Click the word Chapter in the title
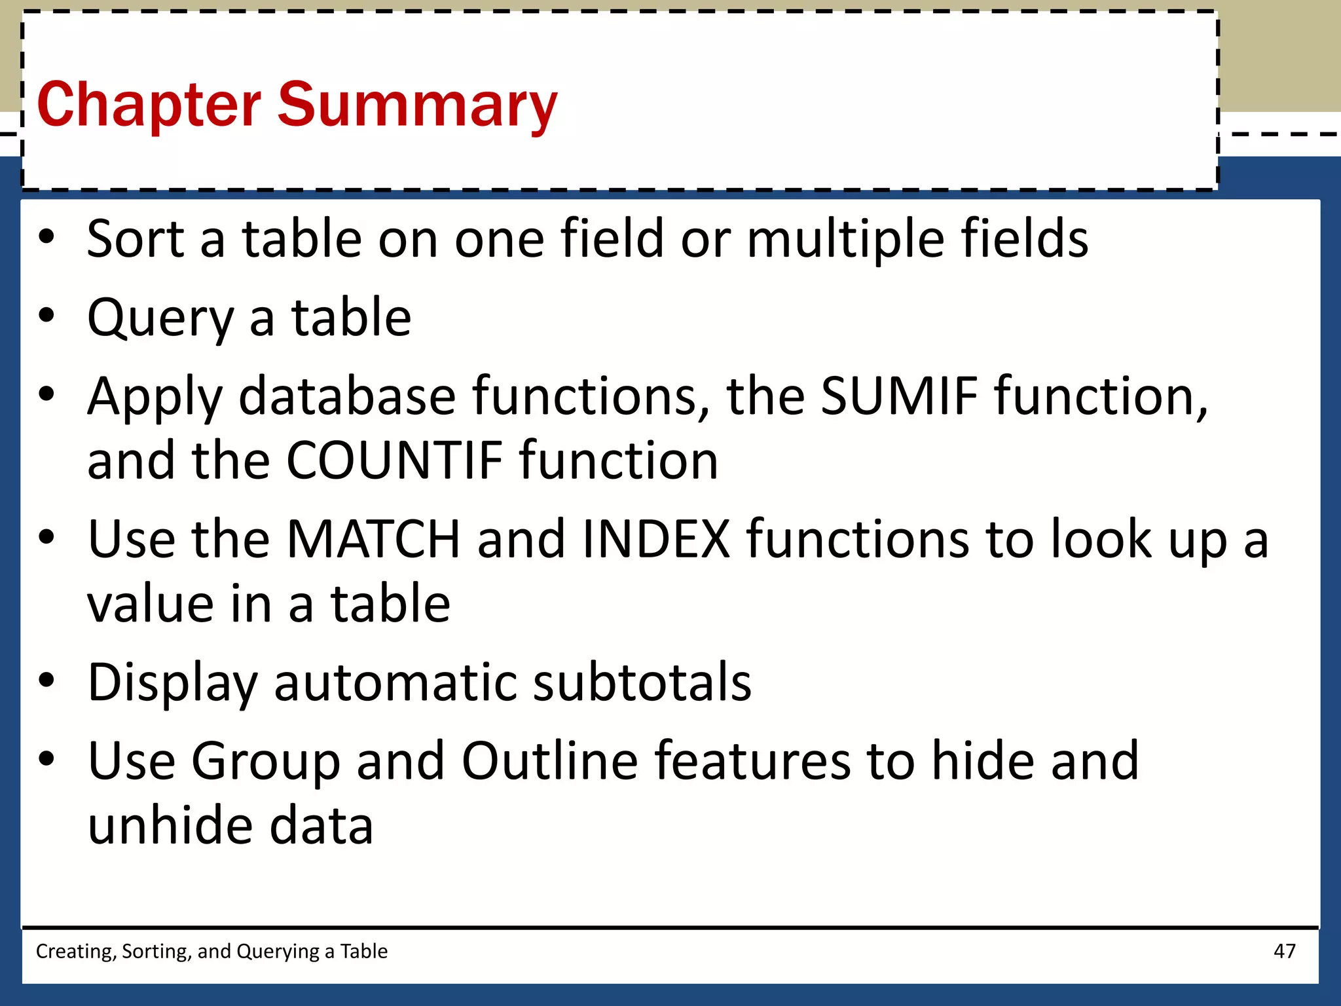[149, 105]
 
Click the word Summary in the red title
[417, 105]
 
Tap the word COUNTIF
[394, 460]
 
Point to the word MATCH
[373, 539]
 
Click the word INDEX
[655, 539]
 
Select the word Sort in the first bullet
[136, 239]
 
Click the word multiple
[845, 240]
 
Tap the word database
[347, 396]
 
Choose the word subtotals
[642, 682]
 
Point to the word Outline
[550, 761]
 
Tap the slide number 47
[1284, 951]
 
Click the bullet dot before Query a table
[46, 316]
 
